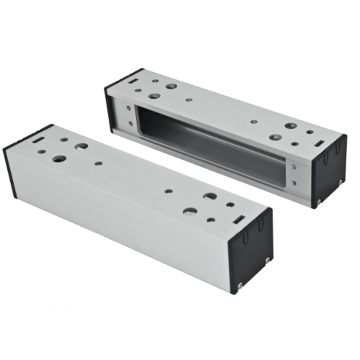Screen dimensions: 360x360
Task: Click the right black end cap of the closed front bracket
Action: pos(252,241)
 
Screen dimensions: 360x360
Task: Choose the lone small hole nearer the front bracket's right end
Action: pos(168,192)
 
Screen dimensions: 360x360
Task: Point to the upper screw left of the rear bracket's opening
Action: pos(130,107)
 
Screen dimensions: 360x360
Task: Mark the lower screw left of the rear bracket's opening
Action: pos(130,122)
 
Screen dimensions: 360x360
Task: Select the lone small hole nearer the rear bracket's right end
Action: pos(251,122)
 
